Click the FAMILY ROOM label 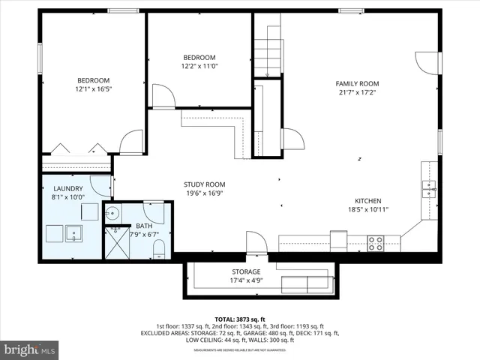(x=358, y=84)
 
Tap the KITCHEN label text (x=368, y=201)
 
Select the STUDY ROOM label (x=204, y=184)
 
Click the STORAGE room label (x=246, y=271)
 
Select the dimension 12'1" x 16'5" (x=93, y=89)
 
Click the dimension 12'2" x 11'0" (x=199, y=66)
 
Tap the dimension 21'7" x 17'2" (x=358, y=93)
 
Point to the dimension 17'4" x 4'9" (x=246, y=280)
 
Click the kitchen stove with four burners (x=375, y=243)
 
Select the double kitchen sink (x=429, y=188)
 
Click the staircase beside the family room (x=268, y=52)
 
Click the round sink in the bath (x=112, y=212)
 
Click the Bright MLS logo (x=30, y=349)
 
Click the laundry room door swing (x=100, y=186)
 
